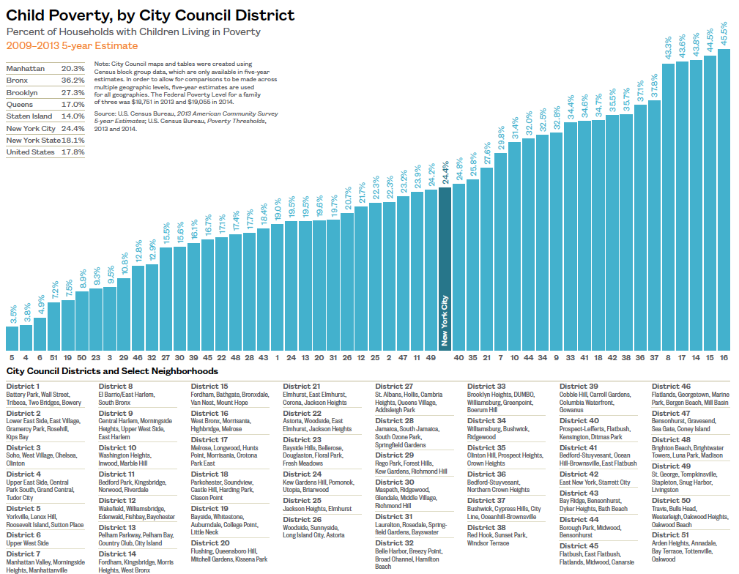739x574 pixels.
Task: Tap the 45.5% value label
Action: point(724,34)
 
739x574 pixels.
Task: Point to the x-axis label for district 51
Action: point(54,358)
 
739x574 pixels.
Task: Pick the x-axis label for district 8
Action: point(668,358)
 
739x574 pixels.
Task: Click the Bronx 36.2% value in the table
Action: point(73,80)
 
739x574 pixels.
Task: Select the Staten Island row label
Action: point(29,116)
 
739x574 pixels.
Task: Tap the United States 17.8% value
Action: point(73,152)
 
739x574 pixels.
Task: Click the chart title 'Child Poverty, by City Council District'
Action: point(151,15)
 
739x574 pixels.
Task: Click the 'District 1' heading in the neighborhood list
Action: point(23,386)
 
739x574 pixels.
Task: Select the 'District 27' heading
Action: point(394,386)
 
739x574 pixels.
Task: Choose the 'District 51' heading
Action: point(671,534)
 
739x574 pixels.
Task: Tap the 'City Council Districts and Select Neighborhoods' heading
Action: point(112,371)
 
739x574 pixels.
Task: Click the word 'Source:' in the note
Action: point(105,114)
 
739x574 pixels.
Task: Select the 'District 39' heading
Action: point(579,386)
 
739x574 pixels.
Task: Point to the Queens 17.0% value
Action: point(73,105)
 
